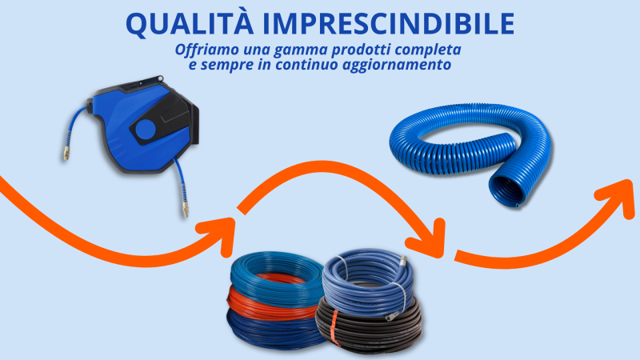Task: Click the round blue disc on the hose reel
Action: [x=146, y=130]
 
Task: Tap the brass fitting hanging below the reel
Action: [x=185, y=208]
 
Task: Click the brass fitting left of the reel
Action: [x=66, y=154]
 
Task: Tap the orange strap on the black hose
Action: [x=334, y=327]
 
